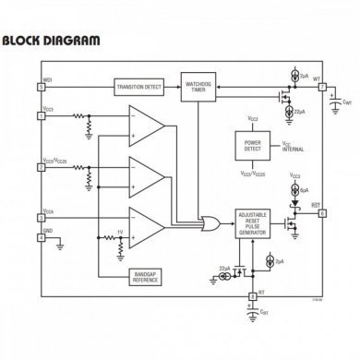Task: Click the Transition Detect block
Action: click(x=138, y=87)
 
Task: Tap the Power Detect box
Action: click(x=252, y=148)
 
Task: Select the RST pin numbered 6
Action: click(x=322, y=211)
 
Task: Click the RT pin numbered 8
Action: click(x=253, y=296)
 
